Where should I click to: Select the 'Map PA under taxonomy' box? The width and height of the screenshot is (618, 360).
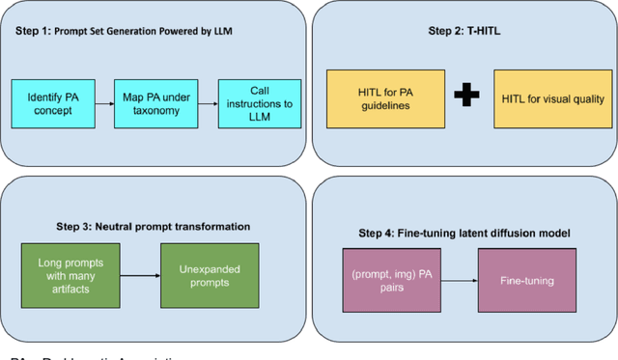coord(149,103)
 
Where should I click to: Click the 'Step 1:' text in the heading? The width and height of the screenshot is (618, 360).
coord(34,31)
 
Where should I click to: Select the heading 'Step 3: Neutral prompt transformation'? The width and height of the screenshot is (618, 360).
coord(145,226)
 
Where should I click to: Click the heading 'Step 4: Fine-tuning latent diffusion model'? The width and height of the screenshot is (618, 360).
coord(463,232)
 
